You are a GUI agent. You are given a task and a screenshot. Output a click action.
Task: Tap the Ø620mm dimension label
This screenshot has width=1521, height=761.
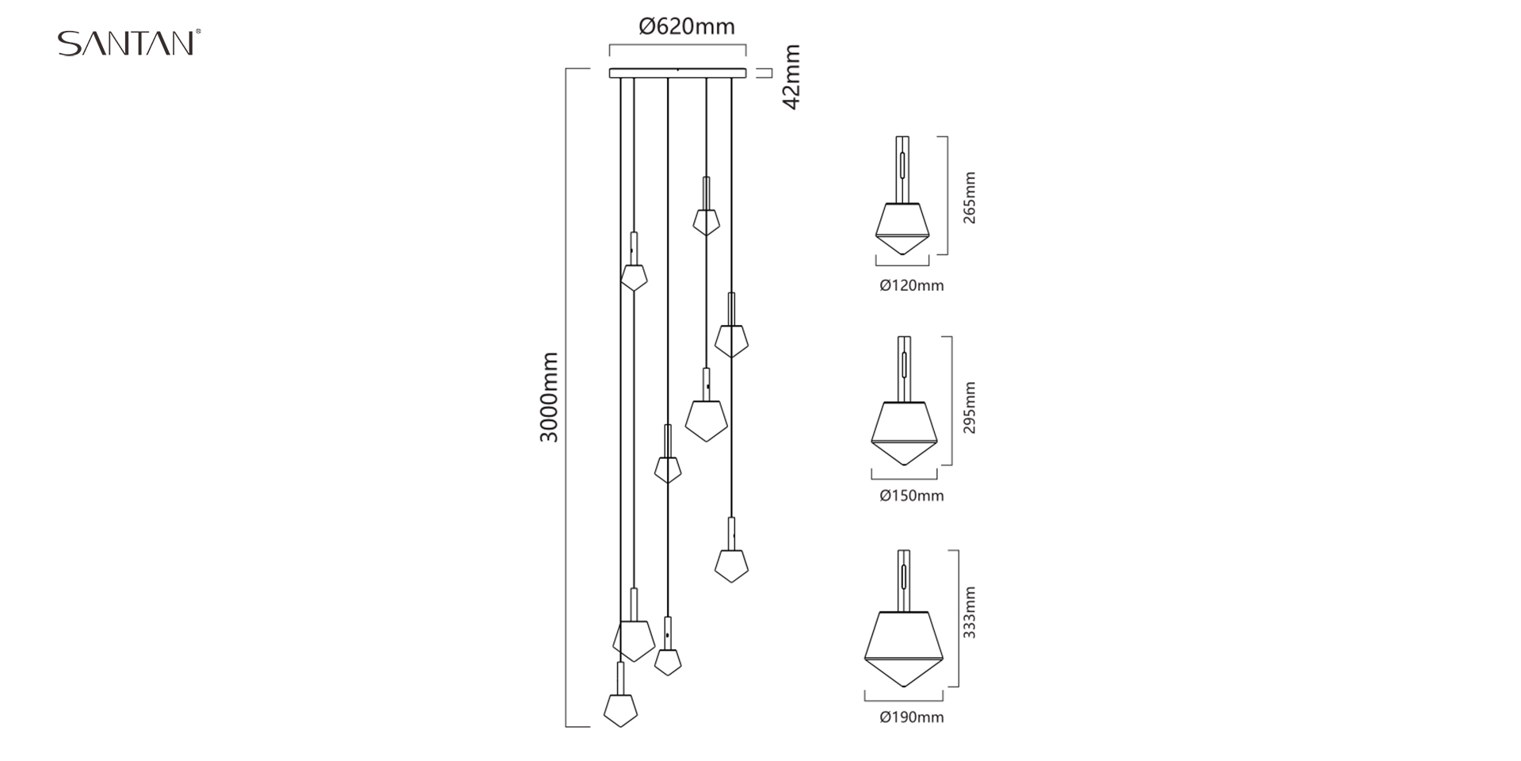coord(687,27)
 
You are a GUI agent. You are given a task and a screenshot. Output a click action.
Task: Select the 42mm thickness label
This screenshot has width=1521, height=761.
coord(791,77)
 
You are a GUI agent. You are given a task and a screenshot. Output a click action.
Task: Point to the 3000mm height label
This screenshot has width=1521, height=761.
coord(549,398)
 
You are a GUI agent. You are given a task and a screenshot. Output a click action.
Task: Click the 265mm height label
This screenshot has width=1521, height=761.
coord(970,197)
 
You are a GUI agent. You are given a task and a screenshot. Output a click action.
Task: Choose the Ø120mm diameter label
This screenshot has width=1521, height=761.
coord(911,285)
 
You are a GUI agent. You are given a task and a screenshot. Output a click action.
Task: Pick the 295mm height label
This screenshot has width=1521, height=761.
coord(970,407)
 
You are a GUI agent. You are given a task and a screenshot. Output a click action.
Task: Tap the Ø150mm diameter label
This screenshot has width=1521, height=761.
coord(911,496)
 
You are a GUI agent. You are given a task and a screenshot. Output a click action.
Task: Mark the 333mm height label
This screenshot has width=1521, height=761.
coord(970,613)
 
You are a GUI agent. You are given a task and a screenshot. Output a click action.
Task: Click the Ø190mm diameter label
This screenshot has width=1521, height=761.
coord(911,718)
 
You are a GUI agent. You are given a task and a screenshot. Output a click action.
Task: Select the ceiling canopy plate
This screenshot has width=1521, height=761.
coord(677,74)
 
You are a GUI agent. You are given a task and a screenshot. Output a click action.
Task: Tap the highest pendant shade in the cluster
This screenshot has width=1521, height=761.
coord(706,221)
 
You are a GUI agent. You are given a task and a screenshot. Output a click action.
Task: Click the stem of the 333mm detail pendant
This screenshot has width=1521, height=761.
coord(904,579)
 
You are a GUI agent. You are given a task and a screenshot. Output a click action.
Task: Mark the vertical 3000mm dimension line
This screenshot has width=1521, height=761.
coord(566,398)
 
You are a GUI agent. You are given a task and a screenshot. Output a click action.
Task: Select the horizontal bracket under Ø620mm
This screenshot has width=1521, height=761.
coord(677,46)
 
